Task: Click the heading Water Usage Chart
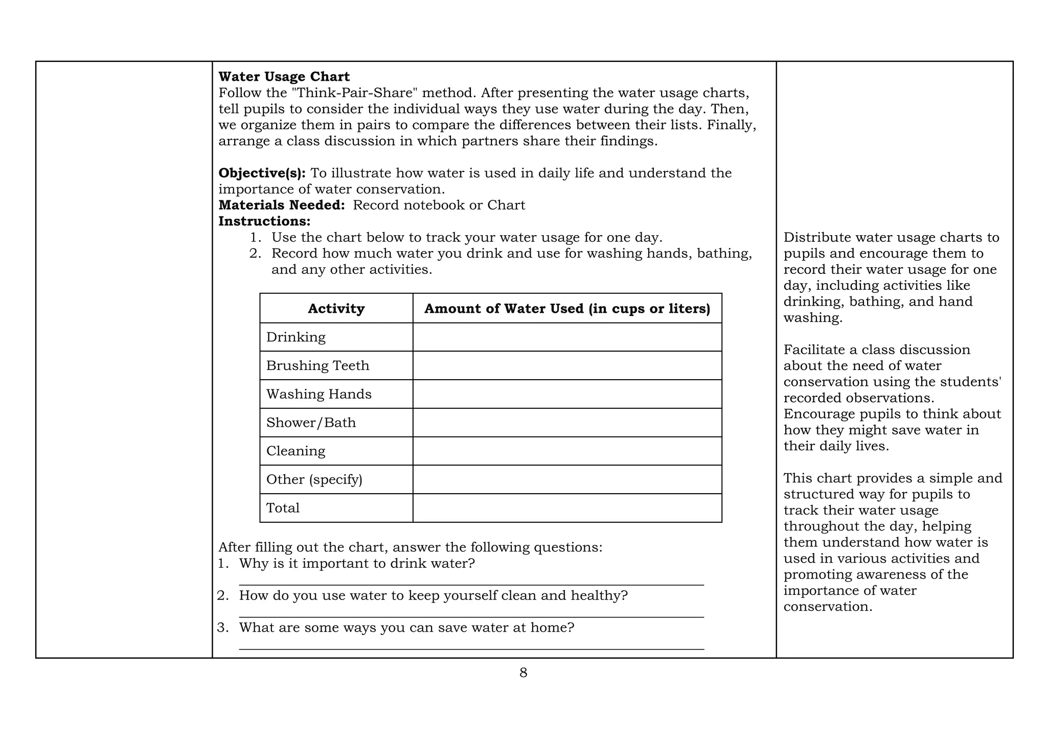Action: pos(284,77)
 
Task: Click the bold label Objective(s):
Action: pos(262,173)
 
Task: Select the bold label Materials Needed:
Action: pos(282,205)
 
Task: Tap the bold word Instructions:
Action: pos(264,221)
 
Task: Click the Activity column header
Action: pos(336,309)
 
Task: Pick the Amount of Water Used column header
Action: pos(567,309)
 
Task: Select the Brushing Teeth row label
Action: pos(317,366)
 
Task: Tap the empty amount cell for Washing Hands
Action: pos(567,394)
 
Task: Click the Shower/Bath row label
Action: pos(311,423)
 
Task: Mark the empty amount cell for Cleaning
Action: pos(567,451)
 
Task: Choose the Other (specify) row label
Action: pos(314,480)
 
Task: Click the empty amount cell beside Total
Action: pos(567,508)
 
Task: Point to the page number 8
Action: pos(523,673)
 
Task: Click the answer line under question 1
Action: pos(471,584)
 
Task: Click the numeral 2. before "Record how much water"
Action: pos(255,253)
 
